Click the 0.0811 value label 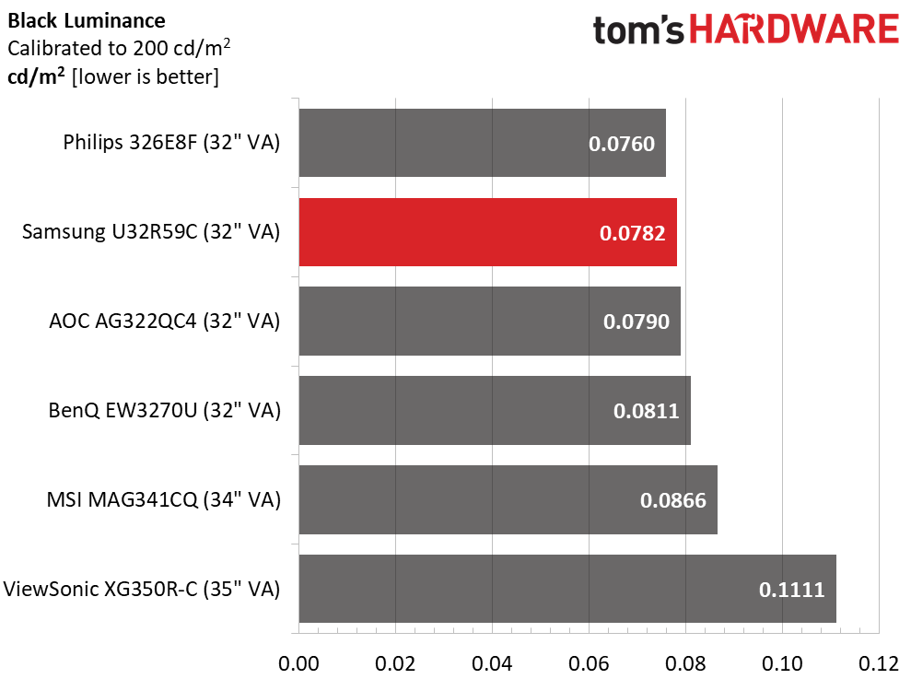tap(646, 411)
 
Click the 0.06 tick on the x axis tap(589, 662)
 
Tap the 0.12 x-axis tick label tap(879, 662)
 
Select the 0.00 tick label tap(298, 662)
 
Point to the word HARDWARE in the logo tap(794, 30)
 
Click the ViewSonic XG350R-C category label tap(142, 589)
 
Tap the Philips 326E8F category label tap(171, 143)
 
